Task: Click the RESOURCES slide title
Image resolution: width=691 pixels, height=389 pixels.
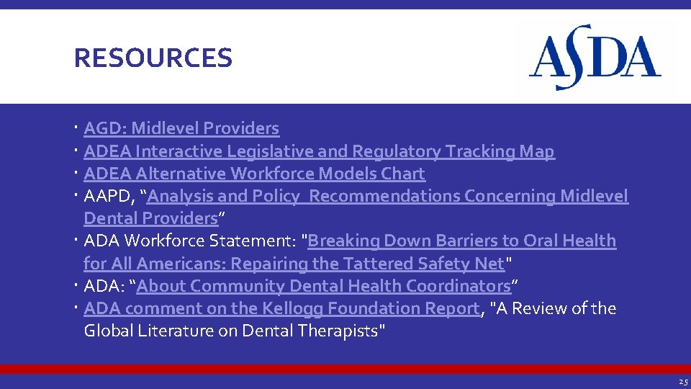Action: coord(153,58)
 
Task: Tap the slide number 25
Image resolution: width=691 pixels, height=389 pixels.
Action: coord(682,382)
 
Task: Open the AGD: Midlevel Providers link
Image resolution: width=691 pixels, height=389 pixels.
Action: coord(181,128)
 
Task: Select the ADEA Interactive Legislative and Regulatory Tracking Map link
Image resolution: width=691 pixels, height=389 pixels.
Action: coord(319,151)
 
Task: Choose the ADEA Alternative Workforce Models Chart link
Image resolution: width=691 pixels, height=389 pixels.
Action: coord(254,174)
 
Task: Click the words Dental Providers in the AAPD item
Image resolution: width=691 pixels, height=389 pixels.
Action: coord(150,218)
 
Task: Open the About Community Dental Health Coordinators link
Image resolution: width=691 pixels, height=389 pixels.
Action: coord(323,286)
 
